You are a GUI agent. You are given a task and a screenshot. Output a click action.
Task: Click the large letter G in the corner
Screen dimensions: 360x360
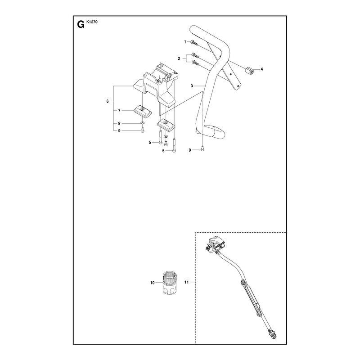(81, 24)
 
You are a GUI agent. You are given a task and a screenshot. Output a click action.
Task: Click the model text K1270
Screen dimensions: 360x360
(92, 22)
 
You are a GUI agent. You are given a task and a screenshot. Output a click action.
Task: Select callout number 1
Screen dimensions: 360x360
(185, 42)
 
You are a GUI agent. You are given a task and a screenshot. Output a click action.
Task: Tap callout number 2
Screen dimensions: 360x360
(179, 58)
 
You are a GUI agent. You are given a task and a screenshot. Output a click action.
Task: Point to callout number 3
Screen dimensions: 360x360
(192, 86)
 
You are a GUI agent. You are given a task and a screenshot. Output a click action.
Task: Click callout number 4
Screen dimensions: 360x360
(261, 69)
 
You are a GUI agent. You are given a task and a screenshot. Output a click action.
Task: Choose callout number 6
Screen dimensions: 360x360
(108, 101)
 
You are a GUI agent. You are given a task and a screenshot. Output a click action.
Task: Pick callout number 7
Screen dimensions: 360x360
(119, 111)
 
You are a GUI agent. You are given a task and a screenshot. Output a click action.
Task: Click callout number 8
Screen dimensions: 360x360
(119, 123)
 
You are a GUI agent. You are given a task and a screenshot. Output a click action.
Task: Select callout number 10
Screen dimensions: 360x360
(153, 283)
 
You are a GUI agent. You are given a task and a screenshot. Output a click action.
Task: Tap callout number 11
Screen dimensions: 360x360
(186, 282)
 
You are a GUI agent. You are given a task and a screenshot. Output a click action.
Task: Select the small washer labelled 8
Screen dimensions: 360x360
(143, 123)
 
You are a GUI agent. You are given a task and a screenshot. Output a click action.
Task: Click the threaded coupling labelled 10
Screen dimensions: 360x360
(170, 283)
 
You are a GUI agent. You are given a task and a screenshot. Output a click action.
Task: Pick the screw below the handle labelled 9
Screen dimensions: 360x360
(202, 149)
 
